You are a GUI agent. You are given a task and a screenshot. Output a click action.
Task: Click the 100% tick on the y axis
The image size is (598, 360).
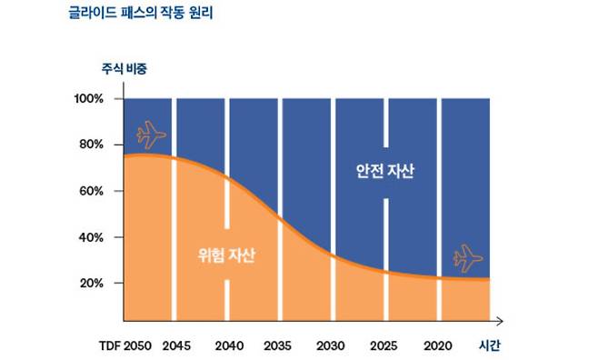94,98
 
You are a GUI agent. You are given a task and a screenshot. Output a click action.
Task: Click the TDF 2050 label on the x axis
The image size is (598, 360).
126,346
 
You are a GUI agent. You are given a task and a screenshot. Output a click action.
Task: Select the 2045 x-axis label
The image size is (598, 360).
176,346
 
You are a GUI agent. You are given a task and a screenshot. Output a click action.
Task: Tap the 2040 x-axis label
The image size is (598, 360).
229,346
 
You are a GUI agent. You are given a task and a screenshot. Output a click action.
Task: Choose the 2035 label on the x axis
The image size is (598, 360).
278,346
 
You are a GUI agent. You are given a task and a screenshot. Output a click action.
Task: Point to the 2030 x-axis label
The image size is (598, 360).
330,346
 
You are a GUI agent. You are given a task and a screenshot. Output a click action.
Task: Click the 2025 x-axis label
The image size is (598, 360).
385,346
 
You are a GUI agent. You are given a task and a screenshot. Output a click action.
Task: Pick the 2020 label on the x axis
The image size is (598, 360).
438,346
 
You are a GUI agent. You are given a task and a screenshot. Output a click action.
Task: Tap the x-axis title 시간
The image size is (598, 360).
489,346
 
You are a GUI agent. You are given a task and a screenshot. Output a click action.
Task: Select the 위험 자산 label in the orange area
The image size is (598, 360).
226,255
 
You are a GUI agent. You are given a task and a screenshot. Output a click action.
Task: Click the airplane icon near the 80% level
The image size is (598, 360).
151,136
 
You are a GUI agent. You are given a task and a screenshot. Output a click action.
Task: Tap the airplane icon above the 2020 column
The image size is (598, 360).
468,257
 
